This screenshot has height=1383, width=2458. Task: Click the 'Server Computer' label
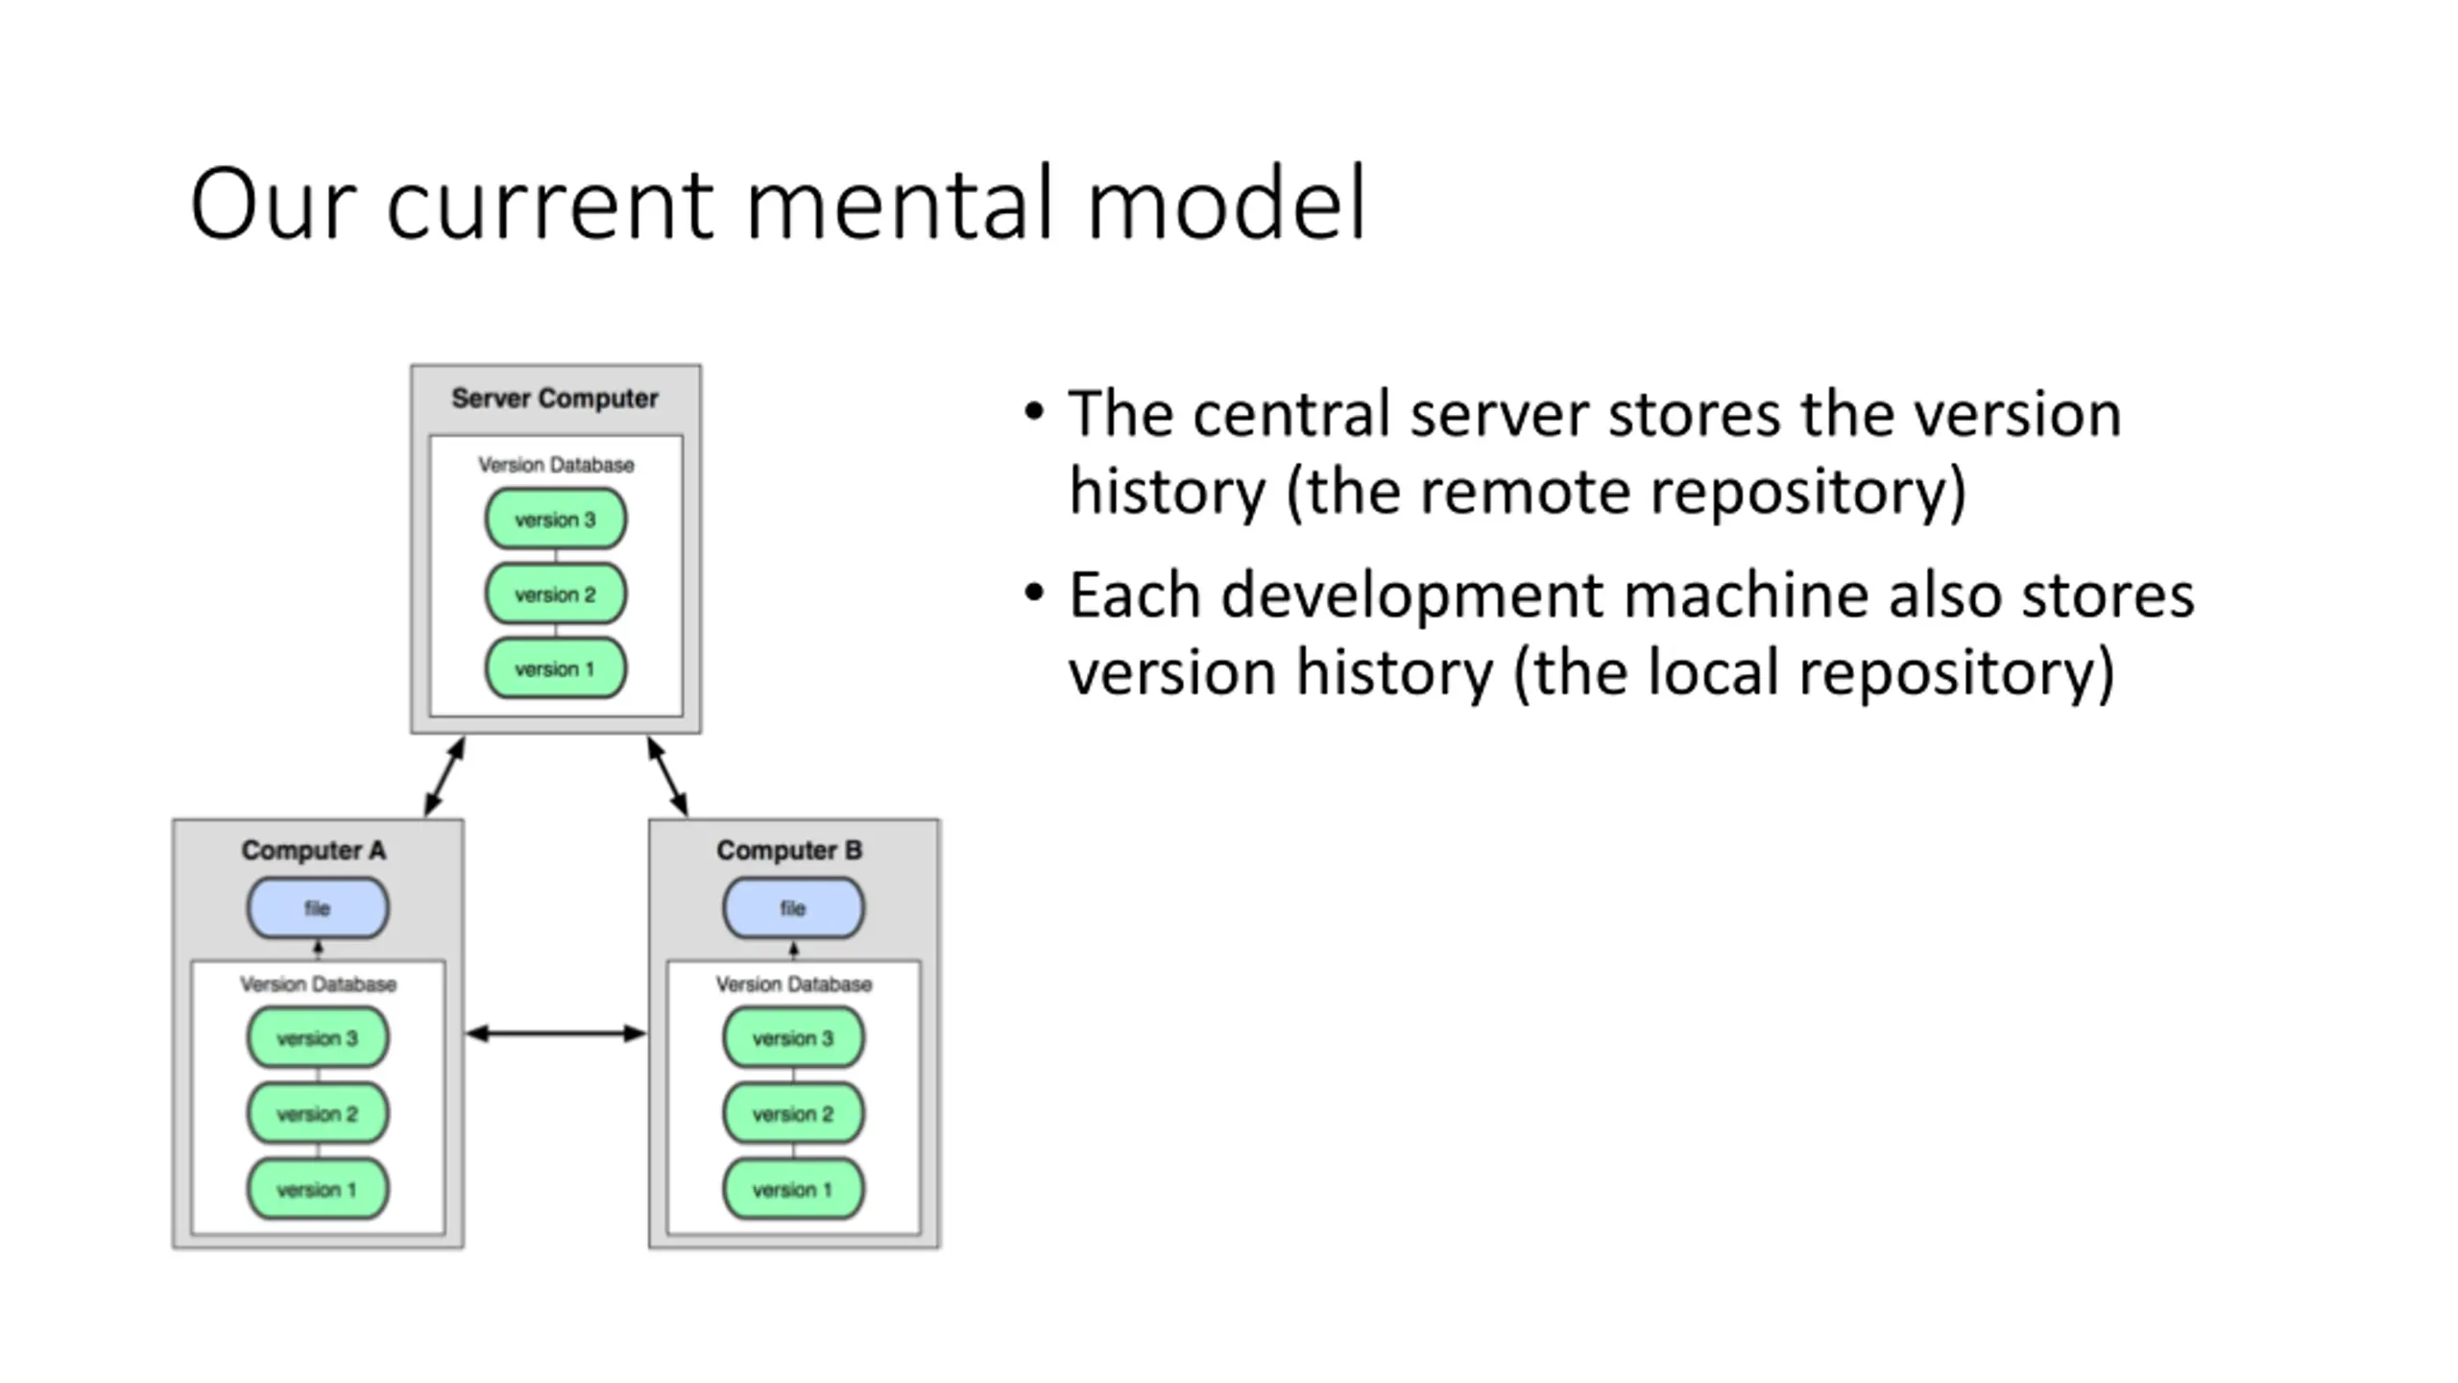(555, 399)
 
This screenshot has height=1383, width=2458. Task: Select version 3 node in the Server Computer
(556, 519)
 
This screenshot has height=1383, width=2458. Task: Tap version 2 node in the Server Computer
(556, 594)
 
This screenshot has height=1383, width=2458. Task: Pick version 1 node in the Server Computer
(556, 668)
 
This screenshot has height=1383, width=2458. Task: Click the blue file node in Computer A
(318, 908)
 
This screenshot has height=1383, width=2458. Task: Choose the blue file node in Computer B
(793, 908)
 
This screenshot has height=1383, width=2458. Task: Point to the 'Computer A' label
(313, 850)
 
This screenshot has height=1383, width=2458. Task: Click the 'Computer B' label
(789, 850)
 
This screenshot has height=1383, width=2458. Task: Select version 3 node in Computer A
(318, 1037)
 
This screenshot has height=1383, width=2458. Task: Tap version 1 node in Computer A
(318, 1189)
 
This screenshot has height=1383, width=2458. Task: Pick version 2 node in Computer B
(793, 1113)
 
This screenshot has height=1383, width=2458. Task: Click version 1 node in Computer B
(793, 1189)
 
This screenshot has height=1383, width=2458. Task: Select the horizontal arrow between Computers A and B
(556, 1033)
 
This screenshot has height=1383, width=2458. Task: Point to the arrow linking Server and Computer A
(445, 777)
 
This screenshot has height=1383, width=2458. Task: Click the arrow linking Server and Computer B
(667, 777)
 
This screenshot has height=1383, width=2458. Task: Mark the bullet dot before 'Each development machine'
(1033, 593)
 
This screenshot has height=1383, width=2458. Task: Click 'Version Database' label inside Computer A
(318, 984)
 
